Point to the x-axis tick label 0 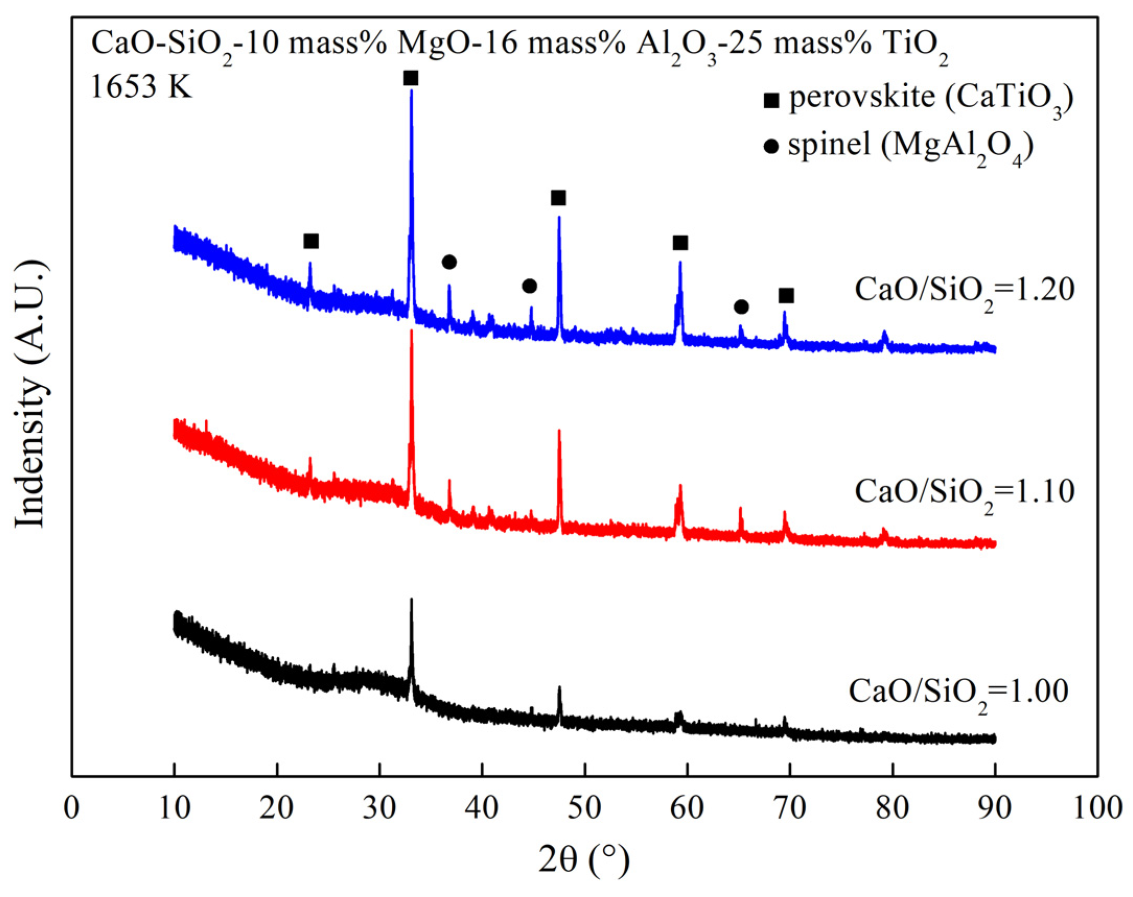[x=72, y=808]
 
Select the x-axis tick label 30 [x=379, y=808]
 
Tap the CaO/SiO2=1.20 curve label [x=965, y=291]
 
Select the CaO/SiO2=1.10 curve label [x=965, y=492]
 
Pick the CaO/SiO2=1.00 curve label [x=959, y=692]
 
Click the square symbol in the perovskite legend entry [x=772, y=100]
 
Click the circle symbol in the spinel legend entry [x=771, y=147]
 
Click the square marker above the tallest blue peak [x=411, y=78]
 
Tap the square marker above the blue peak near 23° [x=311, y=241]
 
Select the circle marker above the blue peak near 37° [x=449, y=261]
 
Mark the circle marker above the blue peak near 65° [x=741, y=306]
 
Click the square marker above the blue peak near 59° [x=680, y=243]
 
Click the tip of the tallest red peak [x=412, y=331]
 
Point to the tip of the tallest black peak [x=412, y=599]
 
